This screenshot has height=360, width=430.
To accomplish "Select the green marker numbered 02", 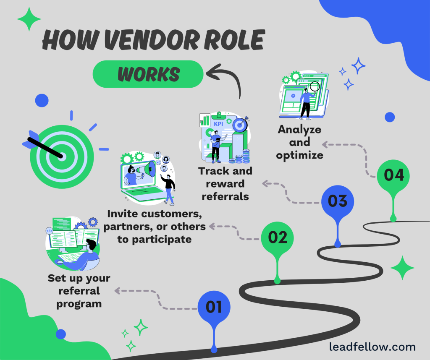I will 278,238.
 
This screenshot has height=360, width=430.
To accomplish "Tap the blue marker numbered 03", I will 338,201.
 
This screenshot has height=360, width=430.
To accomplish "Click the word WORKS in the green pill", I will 149,74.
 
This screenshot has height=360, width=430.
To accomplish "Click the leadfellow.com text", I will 372,347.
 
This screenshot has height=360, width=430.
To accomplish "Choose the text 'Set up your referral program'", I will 79,291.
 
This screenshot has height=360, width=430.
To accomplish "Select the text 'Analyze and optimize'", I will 299,142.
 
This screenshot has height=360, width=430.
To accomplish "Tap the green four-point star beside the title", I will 29,19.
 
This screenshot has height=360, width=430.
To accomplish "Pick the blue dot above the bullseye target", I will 42,100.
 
